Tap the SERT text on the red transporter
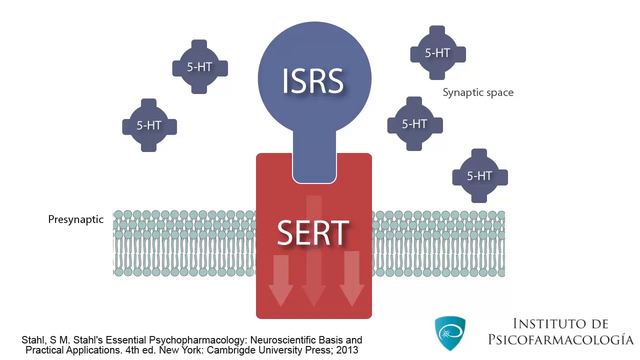click(313, 233)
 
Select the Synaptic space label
click(478, 92)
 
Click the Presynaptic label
click(76, 219)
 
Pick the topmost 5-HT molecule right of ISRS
click(437, 53)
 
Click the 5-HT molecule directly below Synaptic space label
click(414, 124)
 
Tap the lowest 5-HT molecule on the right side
click(479, 176)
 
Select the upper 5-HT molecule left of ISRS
click(199, 67)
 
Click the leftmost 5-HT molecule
click(149, 125)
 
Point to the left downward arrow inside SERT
click(280, 280)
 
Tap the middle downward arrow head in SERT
click(314, 295)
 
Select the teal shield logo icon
click(450, 332)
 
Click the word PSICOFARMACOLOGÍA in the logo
click(561, 340)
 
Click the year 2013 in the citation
click(347, 350)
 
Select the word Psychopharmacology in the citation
click(185, 340)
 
